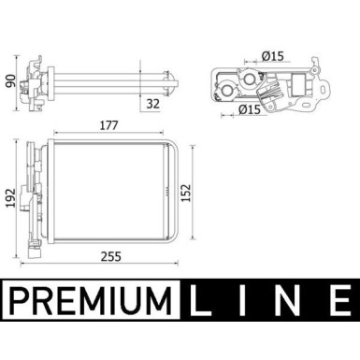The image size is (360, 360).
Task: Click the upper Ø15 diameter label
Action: pos(274,56)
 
